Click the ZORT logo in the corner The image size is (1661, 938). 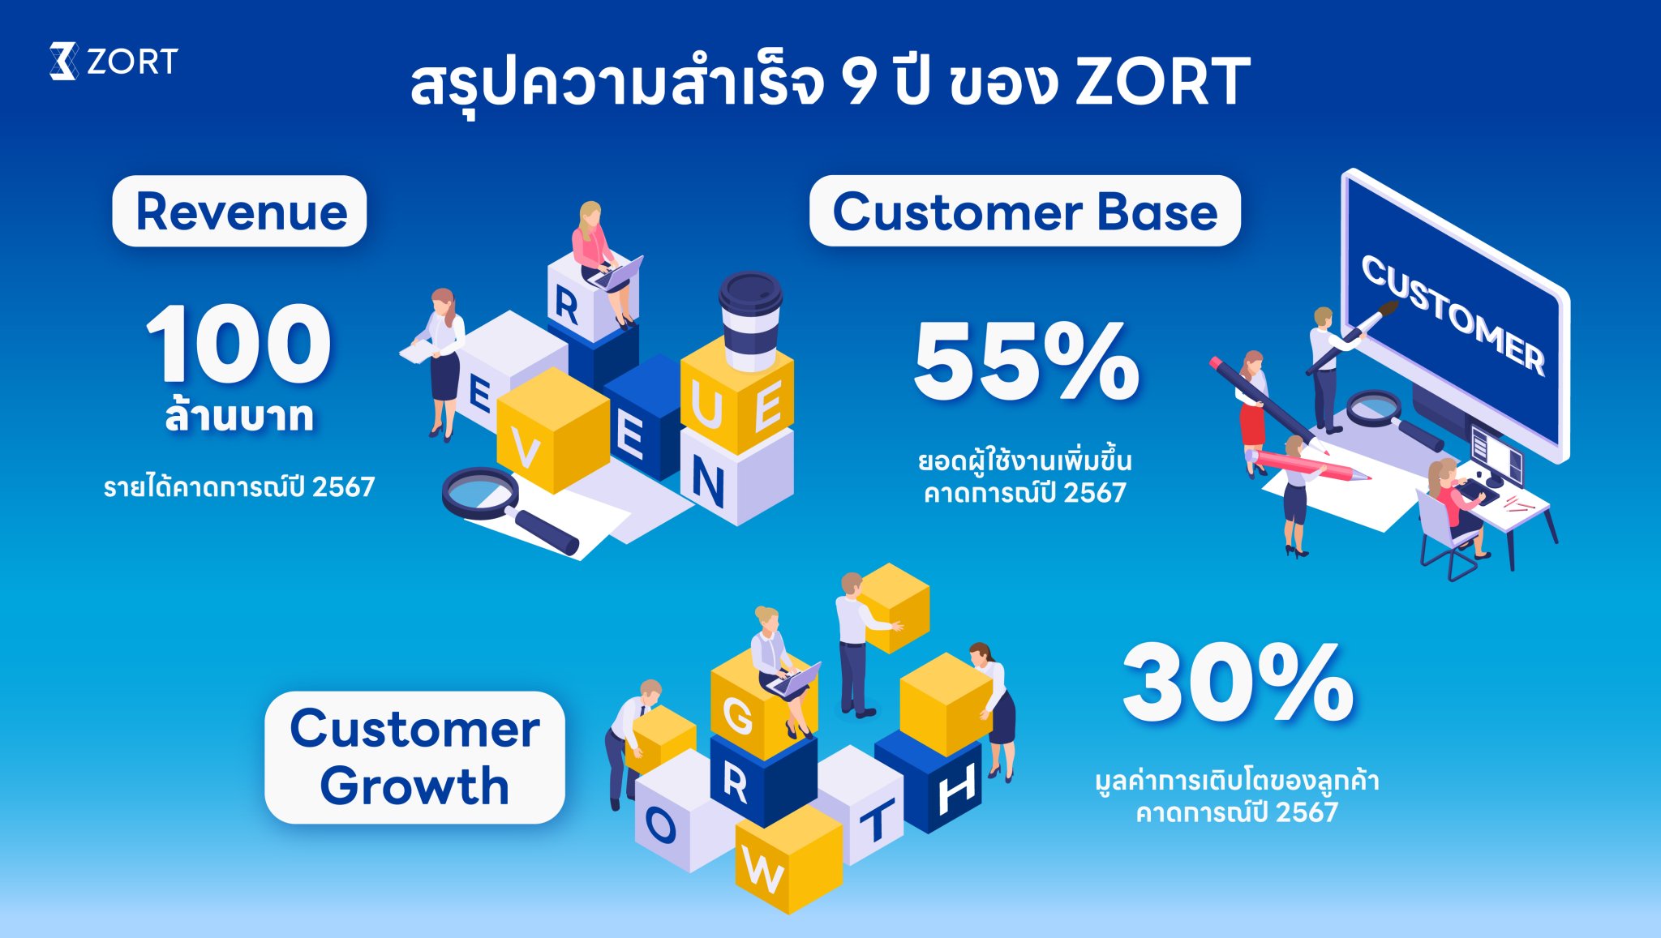(x=114, y=61)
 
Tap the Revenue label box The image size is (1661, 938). (x=239, y=212)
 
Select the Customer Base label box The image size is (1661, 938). (x=1025, y=212)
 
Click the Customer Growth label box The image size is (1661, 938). (x=414, y=757)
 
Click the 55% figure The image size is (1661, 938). (x=1027, y=361)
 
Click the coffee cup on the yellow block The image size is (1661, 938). (x=751, y=320)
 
